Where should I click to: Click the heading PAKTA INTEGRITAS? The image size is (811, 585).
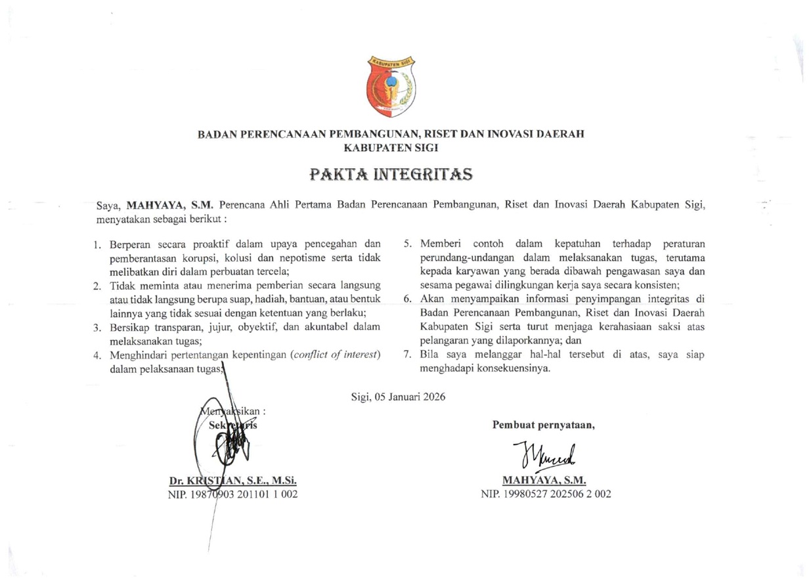click(391, 175)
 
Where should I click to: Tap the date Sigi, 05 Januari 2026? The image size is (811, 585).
click(399, 397)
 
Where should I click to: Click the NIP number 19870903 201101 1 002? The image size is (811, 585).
click(234, 494)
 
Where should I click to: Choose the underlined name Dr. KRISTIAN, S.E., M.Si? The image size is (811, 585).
click(233, 480)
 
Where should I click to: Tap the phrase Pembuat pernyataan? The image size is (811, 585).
click(544, 423)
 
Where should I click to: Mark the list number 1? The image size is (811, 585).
click(96, 245)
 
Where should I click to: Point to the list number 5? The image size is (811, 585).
click(407, 245)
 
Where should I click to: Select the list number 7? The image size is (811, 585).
click(407, 355)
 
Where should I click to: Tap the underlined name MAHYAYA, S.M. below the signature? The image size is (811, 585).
click(544, 480)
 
